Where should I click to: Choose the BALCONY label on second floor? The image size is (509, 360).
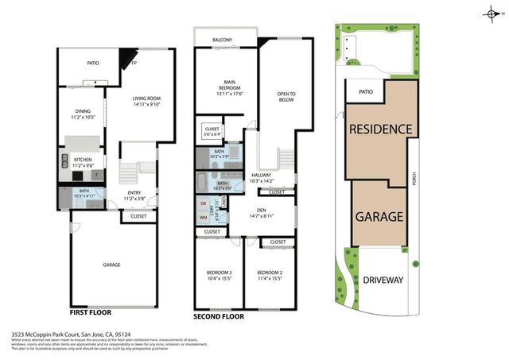223,39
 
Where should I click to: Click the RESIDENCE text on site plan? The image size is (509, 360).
380,130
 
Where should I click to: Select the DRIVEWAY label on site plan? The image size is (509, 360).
383,280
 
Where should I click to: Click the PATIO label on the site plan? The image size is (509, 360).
366,92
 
